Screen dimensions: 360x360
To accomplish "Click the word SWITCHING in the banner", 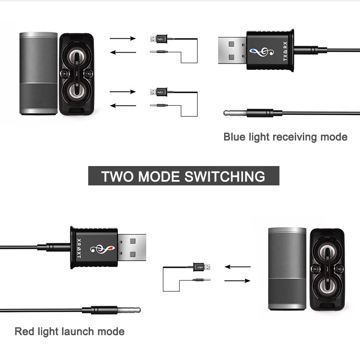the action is pyautogui.click(x=225, y=176).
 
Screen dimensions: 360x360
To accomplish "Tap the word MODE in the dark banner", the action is pyautogui.click(x=159, y=176).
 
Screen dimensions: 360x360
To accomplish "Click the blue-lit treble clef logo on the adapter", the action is pyautogui.click(x=262, y=52).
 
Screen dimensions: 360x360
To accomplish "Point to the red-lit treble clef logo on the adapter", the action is pyautogui.click(x=103, y=249).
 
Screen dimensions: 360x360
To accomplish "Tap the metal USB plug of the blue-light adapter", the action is pyautogui.click(x=232, y=50).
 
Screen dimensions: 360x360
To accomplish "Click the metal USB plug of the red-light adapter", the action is pyautogui.click(x=132, y=247).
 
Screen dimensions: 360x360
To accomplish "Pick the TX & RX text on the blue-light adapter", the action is pyautogui.click(x=285, y=51).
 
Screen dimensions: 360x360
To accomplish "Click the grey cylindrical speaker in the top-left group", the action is pyautogui.click(x=38, y=73).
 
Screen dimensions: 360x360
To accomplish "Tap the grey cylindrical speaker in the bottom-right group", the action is pyautogui.click(x=287, y=269).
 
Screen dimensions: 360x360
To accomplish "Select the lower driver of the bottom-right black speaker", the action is pyautogui.click(x=327, y=286).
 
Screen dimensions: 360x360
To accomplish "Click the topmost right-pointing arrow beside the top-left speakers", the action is pyautogui.click(x=123, y=38).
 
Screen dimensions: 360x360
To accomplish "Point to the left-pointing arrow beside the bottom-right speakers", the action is pyautogui.click(x=238, y=267).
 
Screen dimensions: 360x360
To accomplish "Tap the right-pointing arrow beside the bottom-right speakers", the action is pyautogui.click(x=238, y=280).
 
